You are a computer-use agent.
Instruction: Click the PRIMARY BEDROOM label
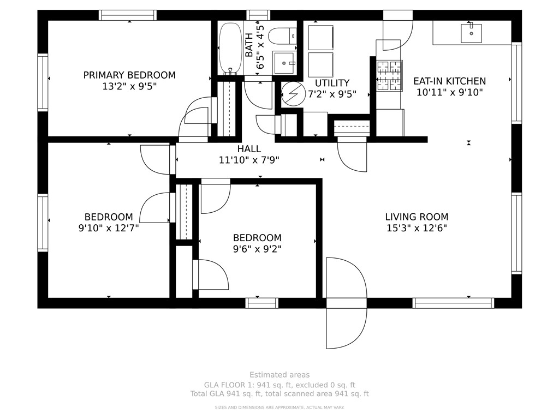point(129,75)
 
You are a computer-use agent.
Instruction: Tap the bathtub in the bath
point(230,49)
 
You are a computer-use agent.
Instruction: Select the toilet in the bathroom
point(282,35)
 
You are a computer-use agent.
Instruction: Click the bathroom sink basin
point(284,63)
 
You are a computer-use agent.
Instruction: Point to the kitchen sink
point(471,33)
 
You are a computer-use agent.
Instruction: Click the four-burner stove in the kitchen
point(389,75)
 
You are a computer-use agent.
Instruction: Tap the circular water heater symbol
point(293,94)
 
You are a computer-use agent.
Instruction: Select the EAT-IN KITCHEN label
point(450,81)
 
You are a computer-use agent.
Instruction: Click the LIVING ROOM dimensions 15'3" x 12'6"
point(417,228)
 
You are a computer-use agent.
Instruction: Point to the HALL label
point(249,149)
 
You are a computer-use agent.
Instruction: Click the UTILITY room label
point(332,83)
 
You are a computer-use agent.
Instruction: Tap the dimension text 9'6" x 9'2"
point(257,249)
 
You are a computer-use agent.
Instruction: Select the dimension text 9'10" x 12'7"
point(109,228)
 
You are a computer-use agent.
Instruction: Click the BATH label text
point(249,45)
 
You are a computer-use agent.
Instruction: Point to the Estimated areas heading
point(279,375)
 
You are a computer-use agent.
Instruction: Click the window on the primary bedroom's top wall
point(128,15)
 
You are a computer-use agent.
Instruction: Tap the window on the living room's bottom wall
point(453,303)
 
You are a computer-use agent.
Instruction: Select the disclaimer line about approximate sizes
point(279,407)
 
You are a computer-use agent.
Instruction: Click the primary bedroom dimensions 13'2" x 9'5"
point(129,87)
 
